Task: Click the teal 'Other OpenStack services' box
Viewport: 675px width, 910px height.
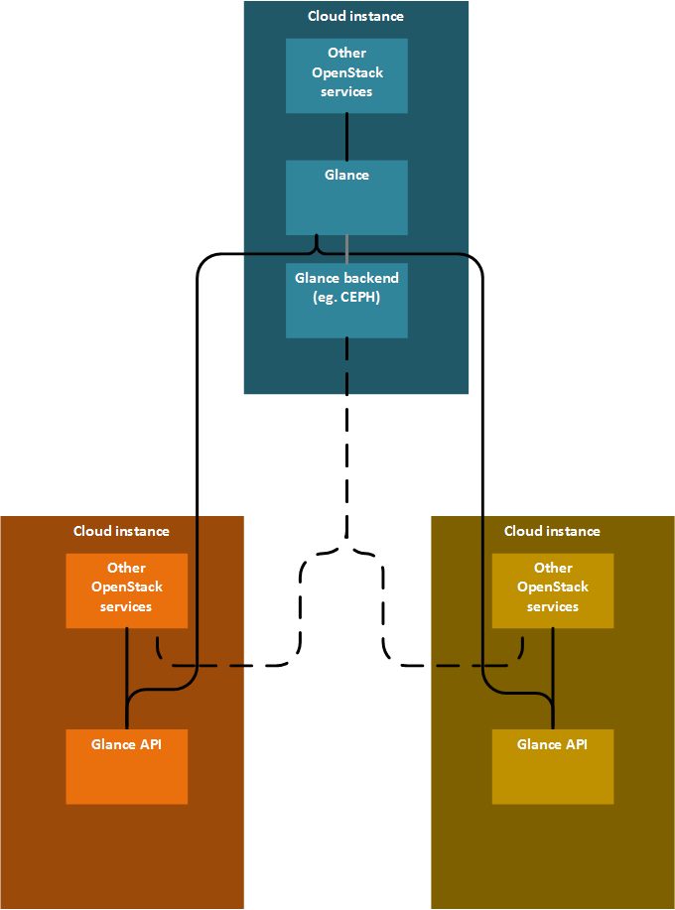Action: click(x=346, y=75)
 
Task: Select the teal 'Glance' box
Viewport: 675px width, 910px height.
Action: click(x=346, y=197)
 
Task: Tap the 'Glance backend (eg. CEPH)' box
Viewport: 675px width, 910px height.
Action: click(x=346, y=300)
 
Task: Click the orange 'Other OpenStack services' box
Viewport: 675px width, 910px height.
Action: click(x=127, y=591)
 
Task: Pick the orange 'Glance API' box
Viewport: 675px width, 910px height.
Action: click(x=127, y=766)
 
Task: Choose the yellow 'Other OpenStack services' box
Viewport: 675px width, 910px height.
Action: click(x=553, y=591)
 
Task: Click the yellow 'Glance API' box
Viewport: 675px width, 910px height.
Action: click(x=553, y=766)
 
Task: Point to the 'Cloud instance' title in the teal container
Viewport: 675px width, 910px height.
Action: click(x=355, y=16)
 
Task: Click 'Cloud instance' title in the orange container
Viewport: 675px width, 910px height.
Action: click(x=121, y=531)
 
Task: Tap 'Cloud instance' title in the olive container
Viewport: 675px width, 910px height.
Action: click(x=552, y=531)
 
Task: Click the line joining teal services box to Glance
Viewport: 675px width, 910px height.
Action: click(x=346, y=136)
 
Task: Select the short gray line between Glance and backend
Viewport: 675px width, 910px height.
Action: click(x=346, y=249)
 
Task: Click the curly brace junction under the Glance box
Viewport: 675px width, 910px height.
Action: click(x=317, y=245)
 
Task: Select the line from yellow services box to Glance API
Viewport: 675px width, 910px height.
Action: click(x=553, y=679)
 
